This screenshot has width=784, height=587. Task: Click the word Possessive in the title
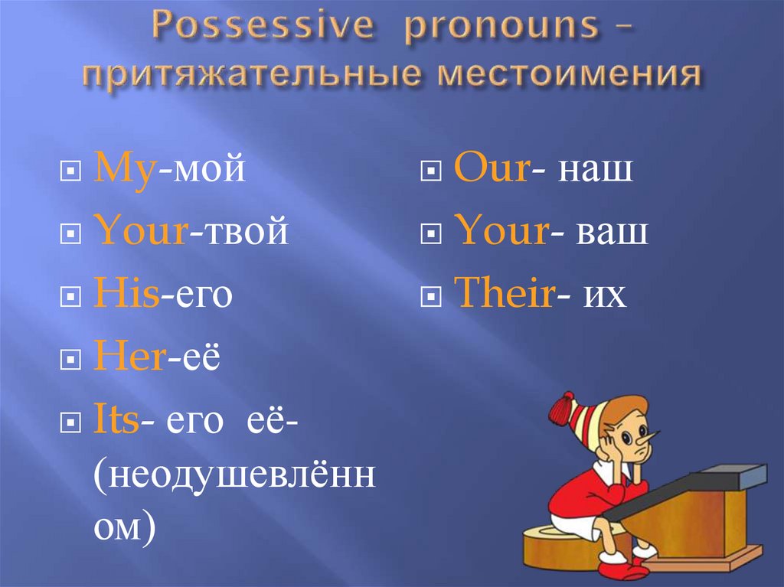coord(263,25)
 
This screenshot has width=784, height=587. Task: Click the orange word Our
coord(492,167)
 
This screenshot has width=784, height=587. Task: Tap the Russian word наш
coord(595,169)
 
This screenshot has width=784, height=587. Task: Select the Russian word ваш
coord(612,232)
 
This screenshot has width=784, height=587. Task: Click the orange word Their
coord(505,292)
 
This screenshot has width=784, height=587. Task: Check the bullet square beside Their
coord(431,296)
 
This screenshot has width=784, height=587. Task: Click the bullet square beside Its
coord(70,423)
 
